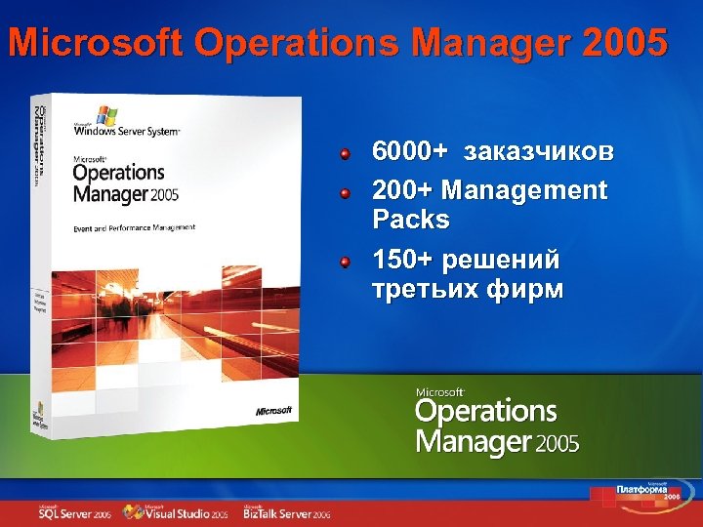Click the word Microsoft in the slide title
(97, 44)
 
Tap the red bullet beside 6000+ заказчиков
(345, 153)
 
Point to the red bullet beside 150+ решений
(345, 262)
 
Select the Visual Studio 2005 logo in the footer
(179, 512)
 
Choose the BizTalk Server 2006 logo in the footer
(287, 512)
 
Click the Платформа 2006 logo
(648, 490)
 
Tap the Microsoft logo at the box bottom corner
(274, 411)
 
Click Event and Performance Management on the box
(135, 227)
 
